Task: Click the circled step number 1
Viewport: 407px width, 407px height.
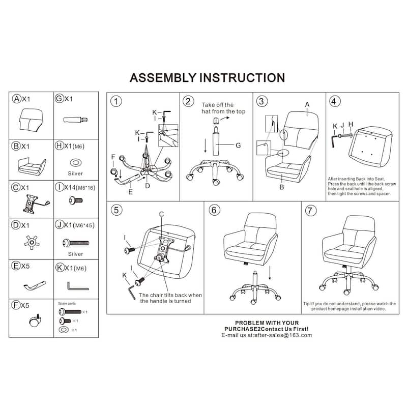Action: click(117, 101)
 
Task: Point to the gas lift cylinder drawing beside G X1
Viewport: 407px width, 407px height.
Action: click(75, 120)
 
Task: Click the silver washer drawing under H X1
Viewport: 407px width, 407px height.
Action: click(75, 162)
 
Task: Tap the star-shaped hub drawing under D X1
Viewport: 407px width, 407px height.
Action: click(32, 243)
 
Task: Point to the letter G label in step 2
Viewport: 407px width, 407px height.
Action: click(237, 145)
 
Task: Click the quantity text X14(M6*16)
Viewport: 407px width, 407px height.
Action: click(79, 187)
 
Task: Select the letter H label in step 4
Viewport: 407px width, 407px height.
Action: click(350, 124)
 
